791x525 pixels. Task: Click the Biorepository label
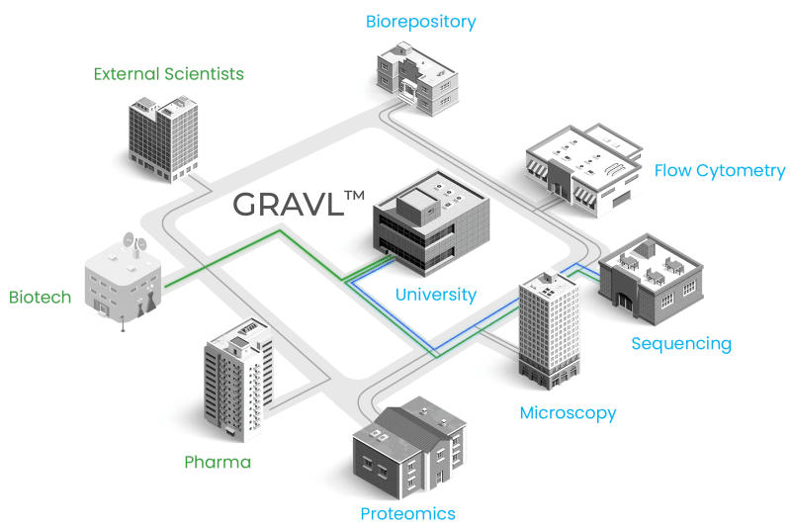421,22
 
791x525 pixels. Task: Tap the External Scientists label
168,74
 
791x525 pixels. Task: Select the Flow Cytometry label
720,171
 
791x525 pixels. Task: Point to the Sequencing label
681,344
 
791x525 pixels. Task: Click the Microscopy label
568,413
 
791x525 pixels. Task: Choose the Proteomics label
407,514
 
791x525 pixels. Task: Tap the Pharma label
218,462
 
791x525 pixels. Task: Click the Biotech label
40,297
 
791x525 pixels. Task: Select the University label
436,295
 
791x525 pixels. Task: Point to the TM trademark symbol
355,196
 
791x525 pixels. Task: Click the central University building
431,223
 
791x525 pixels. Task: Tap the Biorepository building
417,78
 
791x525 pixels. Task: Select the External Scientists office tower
163,138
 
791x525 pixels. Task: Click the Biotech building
123,283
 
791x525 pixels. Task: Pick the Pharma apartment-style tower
238,381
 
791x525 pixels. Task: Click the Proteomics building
409,447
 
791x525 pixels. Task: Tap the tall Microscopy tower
550,330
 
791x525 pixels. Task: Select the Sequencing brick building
651,279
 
